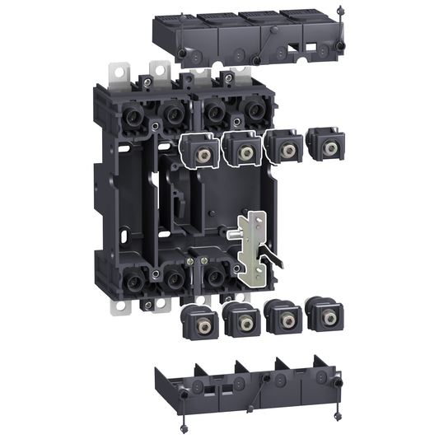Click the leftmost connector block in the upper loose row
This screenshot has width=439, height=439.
click(198, 152)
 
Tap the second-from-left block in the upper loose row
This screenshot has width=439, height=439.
click(242, 150)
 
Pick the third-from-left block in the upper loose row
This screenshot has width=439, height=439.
click(284, 149)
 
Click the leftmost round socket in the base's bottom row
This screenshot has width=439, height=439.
click(132, 279)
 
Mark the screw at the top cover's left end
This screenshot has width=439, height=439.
click(180, 54)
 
